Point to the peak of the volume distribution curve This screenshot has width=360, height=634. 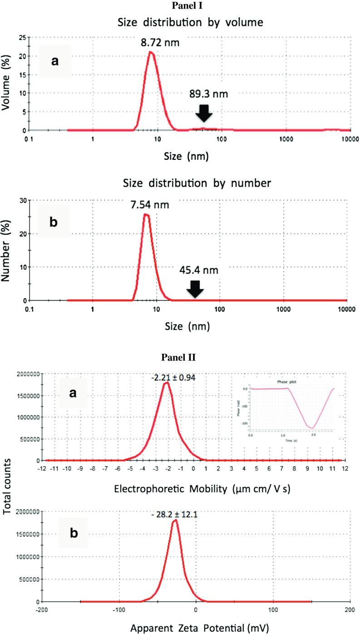[x=151, y=52]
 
